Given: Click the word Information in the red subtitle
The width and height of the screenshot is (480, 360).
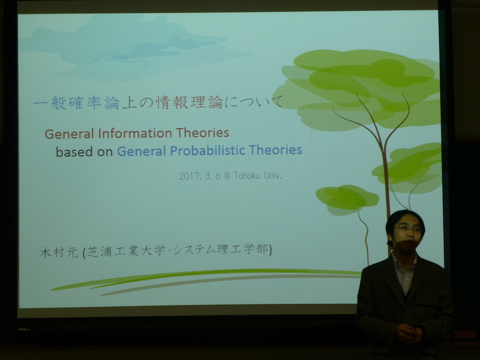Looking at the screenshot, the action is (x=136, y=133).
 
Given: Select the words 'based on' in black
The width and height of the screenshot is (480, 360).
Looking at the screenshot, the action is (x=84, y=152).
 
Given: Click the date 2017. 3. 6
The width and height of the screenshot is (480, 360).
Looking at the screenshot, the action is (x=200, y=176).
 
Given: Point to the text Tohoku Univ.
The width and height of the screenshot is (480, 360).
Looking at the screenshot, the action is (x=258, y=175).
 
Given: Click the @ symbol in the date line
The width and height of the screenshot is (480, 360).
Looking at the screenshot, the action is (x=227, y=176).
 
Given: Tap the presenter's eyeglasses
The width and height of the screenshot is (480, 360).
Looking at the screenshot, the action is (x=409, y=229).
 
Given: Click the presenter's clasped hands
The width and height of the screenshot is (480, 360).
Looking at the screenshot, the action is (x=409, y=333).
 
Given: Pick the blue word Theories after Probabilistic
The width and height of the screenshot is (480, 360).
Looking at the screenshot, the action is (x=275, y=149).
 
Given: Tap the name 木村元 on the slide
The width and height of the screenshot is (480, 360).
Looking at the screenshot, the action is (x=59, y=253).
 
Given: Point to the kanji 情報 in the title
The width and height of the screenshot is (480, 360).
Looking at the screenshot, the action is (x=172, y=103).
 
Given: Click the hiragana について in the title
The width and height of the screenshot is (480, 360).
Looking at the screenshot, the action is (x=254, y=101).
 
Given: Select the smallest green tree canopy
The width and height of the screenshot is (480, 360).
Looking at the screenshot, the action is (x=347, y=199).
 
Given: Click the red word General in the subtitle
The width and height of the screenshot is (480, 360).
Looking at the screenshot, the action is (x=70, y=134).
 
